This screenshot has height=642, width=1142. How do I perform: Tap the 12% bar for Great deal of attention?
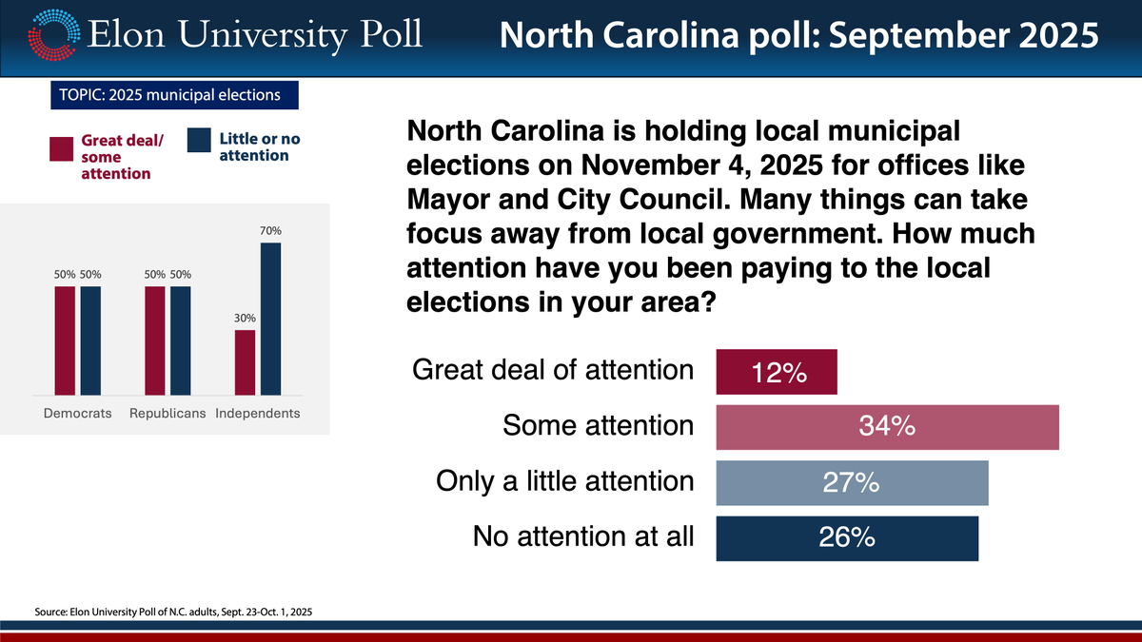tap(776, 373)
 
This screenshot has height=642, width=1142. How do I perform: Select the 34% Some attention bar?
tap(887, 427)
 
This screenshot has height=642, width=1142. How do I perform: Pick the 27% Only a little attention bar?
tap(852, 482)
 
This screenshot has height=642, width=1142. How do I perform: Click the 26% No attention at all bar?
tap(846, 537)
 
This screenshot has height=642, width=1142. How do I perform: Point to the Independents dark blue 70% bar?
tap(271, 319)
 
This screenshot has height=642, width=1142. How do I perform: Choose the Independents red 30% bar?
tap(245, 361)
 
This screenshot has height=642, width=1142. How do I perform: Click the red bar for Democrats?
tap(65, 340)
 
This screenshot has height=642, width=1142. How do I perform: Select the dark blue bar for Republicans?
tap(181, 340)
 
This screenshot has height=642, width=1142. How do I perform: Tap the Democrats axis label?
tap(78, 414)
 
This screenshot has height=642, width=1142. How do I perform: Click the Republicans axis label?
tap(167, 414)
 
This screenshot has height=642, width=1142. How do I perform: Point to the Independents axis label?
tap(258, 414)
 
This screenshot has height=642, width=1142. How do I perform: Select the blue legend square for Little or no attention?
tap(199, 141)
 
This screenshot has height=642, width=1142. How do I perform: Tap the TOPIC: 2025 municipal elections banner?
tap(174, 95)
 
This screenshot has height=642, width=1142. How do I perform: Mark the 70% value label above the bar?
tap(271, 231)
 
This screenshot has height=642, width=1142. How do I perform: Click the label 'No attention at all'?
tap(583, 537)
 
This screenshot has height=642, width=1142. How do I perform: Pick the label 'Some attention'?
tap(598, 427)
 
